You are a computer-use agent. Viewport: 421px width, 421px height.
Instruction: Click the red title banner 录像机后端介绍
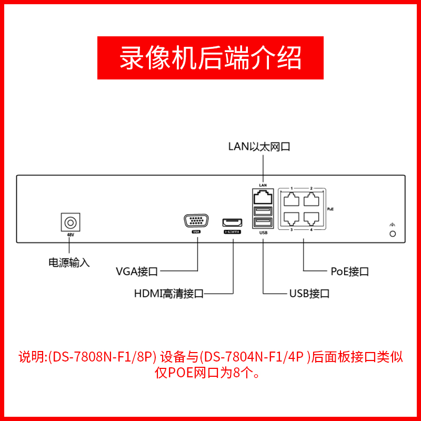(x=210, y=58)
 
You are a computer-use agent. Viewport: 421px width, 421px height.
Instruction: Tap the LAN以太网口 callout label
(x=259, y=146)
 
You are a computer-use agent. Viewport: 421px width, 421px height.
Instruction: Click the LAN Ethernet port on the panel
(x=263, y=198)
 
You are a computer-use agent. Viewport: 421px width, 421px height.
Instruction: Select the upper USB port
(x=263, y=211)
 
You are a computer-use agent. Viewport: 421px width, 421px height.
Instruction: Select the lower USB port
(x=263, y=223)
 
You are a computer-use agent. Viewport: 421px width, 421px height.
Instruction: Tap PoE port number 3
(x=291, y=217)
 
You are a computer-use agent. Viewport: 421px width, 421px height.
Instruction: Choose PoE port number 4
(x=311, y=217)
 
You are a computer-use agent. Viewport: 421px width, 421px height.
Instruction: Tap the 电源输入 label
(x=69, y=262)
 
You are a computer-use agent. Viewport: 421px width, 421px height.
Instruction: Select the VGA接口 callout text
(x=137, y=272)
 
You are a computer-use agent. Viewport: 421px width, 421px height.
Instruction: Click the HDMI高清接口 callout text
(x=168, y=294)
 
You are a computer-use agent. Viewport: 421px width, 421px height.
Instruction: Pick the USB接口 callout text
(x=309, y=294)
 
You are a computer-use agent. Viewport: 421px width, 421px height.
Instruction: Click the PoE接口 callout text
(x=349, y=272)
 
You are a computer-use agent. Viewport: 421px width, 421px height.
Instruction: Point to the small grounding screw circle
(x=392, y=233)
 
